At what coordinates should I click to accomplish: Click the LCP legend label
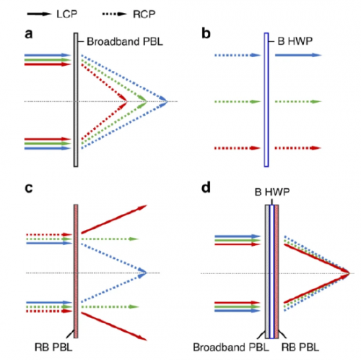pos(67,14)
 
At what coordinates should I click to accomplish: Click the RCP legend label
pos(144,14)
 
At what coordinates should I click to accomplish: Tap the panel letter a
pos(29,34)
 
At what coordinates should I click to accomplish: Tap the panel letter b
pos(206,33)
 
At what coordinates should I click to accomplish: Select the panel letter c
pos(29,188)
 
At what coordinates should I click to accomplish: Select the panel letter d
pos(206,187)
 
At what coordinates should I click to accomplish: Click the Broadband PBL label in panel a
pos(125,42)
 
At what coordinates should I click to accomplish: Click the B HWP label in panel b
pos(295,41)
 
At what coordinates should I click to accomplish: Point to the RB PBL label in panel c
pos(53,347)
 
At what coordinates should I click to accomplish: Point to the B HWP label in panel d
pos(272,192)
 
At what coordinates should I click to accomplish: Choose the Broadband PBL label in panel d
pos(231,347)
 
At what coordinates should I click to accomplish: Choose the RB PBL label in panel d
pos(300,347)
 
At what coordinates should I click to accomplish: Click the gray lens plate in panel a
pos(76,100)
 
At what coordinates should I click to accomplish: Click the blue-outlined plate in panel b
pos(266,100)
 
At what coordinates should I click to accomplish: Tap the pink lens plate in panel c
pos(76,271)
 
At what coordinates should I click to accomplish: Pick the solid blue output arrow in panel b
pos(298,55)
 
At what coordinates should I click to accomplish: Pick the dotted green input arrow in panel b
pos(238,102)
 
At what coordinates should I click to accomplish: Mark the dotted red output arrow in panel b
pos(298,148)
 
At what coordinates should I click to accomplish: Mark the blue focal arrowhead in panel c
pos(142,273)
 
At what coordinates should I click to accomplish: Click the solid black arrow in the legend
pos(39,14)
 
